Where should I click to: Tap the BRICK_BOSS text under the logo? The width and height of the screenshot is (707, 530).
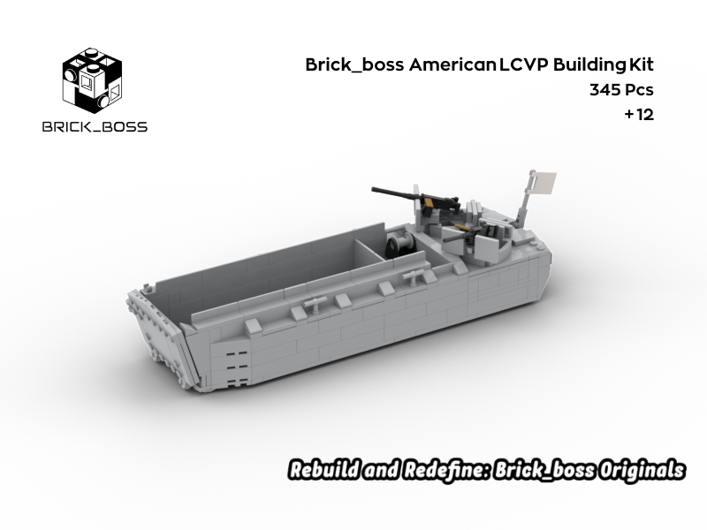coord(95,126)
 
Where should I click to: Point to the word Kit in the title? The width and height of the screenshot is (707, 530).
coord(641,64)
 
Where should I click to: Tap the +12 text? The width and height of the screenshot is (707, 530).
coord(638,115)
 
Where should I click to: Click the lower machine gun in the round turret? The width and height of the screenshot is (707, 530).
coord(464,231)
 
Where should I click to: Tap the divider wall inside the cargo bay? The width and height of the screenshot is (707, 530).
coord(371,246)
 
